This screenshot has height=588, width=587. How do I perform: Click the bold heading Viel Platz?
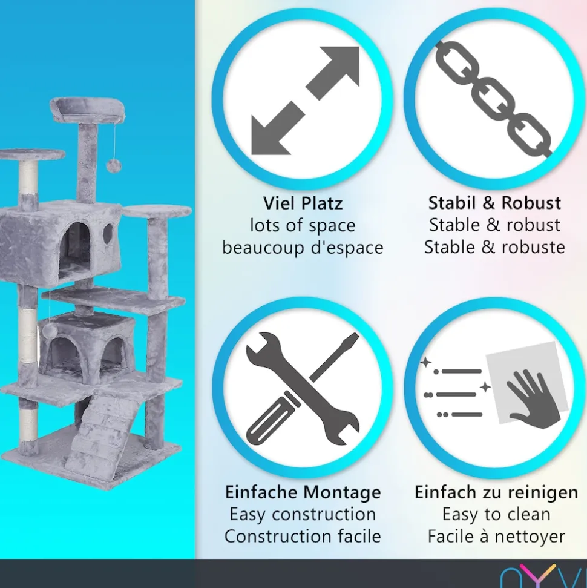[x=303, y=203]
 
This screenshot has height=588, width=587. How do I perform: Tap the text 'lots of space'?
[x=303, y=226]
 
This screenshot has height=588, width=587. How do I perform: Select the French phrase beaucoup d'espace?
[x=303, y=248]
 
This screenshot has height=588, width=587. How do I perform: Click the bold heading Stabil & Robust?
[x=495, y=203]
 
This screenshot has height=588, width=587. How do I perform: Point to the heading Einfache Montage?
[x=303, y=492]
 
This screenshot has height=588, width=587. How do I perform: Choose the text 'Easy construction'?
[x=303, y=514]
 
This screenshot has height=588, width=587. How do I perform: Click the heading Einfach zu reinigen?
[x=496, y=492]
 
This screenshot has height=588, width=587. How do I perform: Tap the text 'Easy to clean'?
[x=496, y=514]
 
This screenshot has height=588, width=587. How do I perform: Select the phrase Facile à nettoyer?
[x=496, y=537]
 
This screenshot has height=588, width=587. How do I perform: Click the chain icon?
[x=493, y=99]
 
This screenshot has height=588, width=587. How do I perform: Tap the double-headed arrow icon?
[x=305, y=101]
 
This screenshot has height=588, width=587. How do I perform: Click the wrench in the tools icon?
[x=302, y=388]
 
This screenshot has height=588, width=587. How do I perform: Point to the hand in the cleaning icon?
[x=533, y=400]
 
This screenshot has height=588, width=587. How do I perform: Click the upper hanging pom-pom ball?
[x=113, y=165]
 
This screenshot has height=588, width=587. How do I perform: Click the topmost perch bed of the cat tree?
[x=87, y=110]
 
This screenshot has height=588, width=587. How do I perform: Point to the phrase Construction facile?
[x=303, y=537]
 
